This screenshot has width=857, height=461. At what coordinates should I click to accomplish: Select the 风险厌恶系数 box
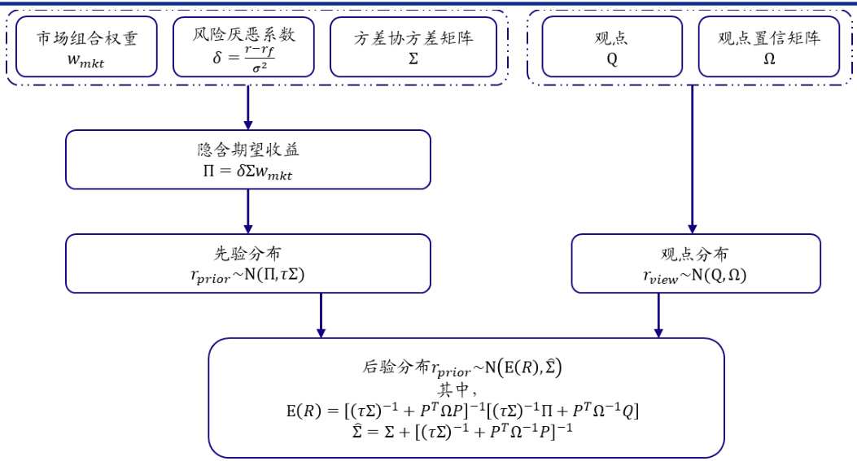point(244,47)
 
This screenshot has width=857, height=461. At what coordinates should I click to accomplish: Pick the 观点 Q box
point(612,47)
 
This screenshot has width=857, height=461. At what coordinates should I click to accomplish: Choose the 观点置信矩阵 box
point(769,47)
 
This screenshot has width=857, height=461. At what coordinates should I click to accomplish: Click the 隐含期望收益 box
point(247,159)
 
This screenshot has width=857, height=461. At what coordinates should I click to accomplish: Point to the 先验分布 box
point(247,263)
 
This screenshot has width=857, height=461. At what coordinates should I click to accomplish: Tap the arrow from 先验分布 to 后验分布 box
point(321,315)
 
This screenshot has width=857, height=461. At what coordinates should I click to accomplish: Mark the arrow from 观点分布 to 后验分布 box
point(658,315)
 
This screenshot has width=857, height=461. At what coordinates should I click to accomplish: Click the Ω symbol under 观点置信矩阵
point(769,60)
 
